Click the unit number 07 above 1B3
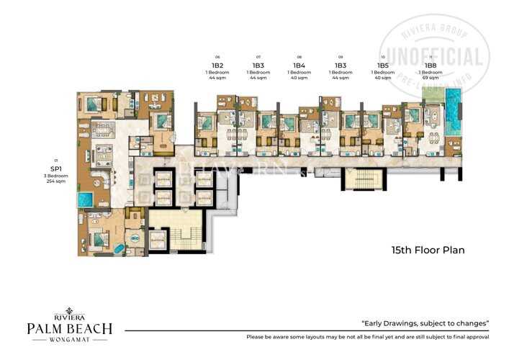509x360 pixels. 258,57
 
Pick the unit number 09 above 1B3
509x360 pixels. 341,57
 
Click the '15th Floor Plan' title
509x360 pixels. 428,251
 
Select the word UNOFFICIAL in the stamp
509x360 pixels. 435,57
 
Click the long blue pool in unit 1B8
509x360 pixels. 453,113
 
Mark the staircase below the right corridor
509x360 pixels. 358,180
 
